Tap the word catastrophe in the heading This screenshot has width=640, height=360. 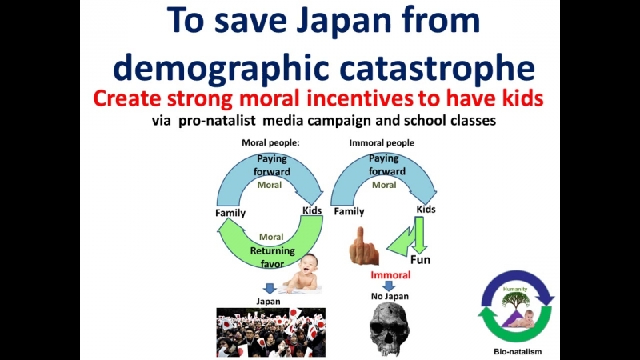[437, 67]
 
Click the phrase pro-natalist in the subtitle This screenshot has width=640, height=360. [217, 121]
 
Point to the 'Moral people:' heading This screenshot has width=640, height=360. [270, 143]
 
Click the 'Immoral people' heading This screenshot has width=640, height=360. [382, 143]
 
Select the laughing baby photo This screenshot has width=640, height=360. [302, 273]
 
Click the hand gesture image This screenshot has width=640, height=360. [364, 246]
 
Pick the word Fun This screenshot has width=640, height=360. [421, 260]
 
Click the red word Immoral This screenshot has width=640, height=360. [390, 275]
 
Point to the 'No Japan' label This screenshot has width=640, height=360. [390, 296]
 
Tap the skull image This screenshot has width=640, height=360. [389, 329]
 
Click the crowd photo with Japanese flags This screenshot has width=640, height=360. [271, 333]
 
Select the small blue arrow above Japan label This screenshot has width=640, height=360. [270, 289]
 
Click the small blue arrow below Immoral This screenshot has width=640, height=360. [389, 286]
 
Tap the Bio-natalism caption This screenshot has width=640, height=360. [518, 351]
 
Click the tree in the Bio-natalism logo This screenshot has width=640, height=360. [516, 300]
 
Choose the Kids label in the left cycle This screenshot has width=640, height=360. [312, 210]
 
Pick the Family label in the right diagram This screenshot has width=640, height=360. [349, 211]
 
